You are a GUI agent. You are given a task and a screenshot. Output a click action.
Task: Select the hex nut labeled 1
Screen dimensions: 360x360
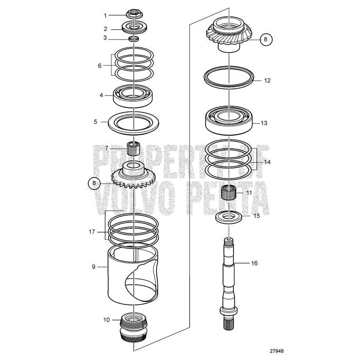pyautogui.click(x=133, y=14)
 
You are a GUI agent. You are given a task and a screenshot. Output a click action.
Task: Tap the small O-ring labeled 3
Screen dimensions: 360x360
pyautogui.click(x=133, y=39)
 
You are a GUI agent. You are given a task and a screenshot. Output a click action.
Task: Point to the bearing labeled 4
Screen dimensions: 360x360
pyautogui.click(x=133, y=95)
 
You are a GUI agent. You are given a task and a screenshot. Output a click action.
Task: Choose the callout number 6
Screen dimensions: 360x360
pyautogui.click(x=100, y=65)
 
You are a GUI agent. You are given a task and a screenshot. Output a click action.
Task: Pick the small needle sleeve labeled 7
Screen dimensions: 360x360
pyautogui.click(x=133, y=148)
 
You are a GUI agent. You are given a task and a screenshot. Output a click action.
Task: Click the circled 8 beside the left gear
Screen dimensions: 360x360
pyautogui.click(x=95, y=183)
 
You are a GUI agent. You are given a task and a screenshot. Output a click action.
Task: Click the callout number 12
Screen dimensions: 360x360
pyautogui.click(x=267, y=81)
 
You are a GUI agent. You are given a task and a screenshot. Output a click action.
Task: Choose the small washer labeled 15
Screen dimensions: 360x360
pyautogui.click(x=227, y=216)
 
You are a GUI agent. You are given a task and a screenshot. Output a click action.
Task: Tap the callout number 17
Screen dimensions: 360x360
pyautogui.click(x=92, y=232)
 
